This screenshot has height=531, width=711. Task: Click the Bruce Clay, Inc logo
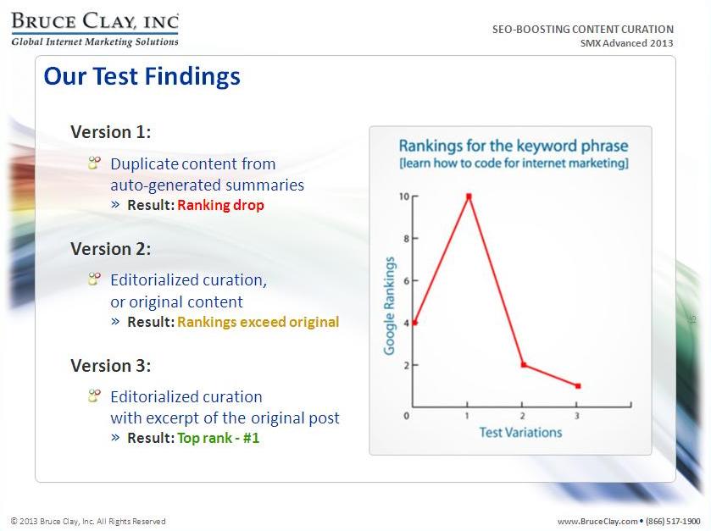coord(95,30)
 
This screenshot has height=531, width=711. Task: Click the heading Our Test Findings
coord(142,76)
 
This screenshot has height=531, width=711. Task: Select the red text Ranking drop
coord(220,205)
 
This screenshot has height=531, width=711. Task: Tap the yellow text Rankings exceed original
coord(258,322)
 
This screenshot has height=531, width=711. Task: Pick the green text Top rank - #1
coord(218,438)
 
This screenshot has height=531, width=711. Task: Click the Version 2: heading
coord(111,249)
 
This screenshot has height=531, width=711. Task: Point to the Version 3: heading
coord(111,366)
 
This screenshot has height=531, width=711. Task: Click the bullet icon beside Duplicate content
coord(94,163)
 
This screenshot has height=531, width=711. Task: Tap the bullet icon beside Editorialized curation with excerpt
coord(94,396)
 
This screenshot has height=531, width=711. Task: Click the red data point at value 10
coord(469,196)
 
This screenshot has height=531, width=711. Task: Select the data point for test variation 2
coord(524,365)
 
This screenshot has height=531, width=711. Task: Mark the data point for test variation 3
coord(578,386)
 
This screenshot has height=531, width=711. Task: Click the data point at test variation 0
coord(414,323)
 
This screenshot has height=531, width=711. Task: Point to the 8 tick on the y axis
coord(407,238)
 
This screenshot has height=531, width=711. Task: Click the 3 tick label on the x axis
coord(577,416)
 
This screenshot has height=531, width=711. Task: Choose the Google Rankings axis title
coord(389,306)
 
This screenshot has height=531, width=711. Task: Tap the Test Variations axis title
coord(520,432)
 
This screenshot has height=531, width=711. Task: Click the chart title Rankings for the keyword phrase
coord(514,146)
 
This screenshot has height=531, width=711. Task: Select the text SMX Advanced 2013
coord(626,43)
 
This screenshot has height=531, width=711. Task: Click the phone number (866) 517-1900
coord(673,521)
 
